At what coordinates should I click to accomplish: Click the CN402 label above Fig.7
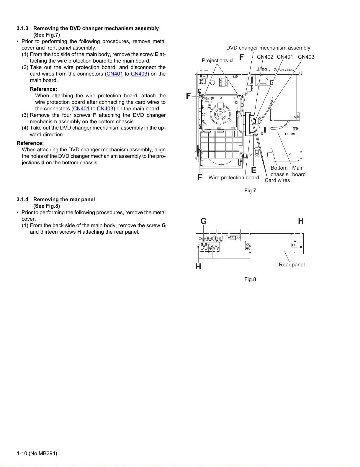[265, 57]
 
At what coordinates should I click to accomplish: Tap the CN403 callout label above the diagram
[306, 57]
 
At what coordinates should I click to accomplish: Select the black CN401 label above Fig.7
[285, 57]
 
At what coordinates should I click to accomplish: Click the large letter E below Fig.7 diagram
[253, 171]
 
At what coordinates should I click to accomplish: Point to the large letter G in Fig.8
[203, 221]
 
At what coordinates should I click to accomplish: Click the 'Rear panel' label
[292, 265]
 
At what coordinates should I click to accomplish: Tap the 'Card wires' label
[277, 180]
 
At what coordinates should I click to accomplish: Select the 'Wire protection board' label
[234, 178]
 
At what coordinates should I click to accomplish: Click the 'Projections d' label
[217, 60]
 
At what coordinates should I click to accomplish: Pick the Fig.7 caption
[250, 191]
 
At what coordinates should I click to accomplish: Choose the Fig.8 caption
[250, 279]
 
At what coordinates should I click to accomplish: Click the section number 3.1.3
[22, 28]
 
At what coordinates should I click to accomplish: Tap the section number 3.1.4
[22, 199]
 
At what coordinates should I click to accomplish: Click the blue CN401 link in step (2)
[115, 74]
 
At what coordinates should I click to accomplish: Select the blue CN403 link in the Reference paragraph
[105, 109]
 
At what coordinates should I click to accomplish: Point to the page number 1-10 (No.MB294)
[37, 453]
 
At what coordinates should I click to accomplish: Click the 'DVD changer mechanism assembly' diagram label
[268, 48]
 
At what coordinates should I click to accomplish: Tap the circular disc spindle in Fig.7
[220, 114]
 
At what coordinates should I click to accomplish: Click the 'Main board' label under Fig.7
[299, 171]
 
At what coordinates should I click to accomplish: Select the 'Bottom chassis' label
[279, 171]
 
